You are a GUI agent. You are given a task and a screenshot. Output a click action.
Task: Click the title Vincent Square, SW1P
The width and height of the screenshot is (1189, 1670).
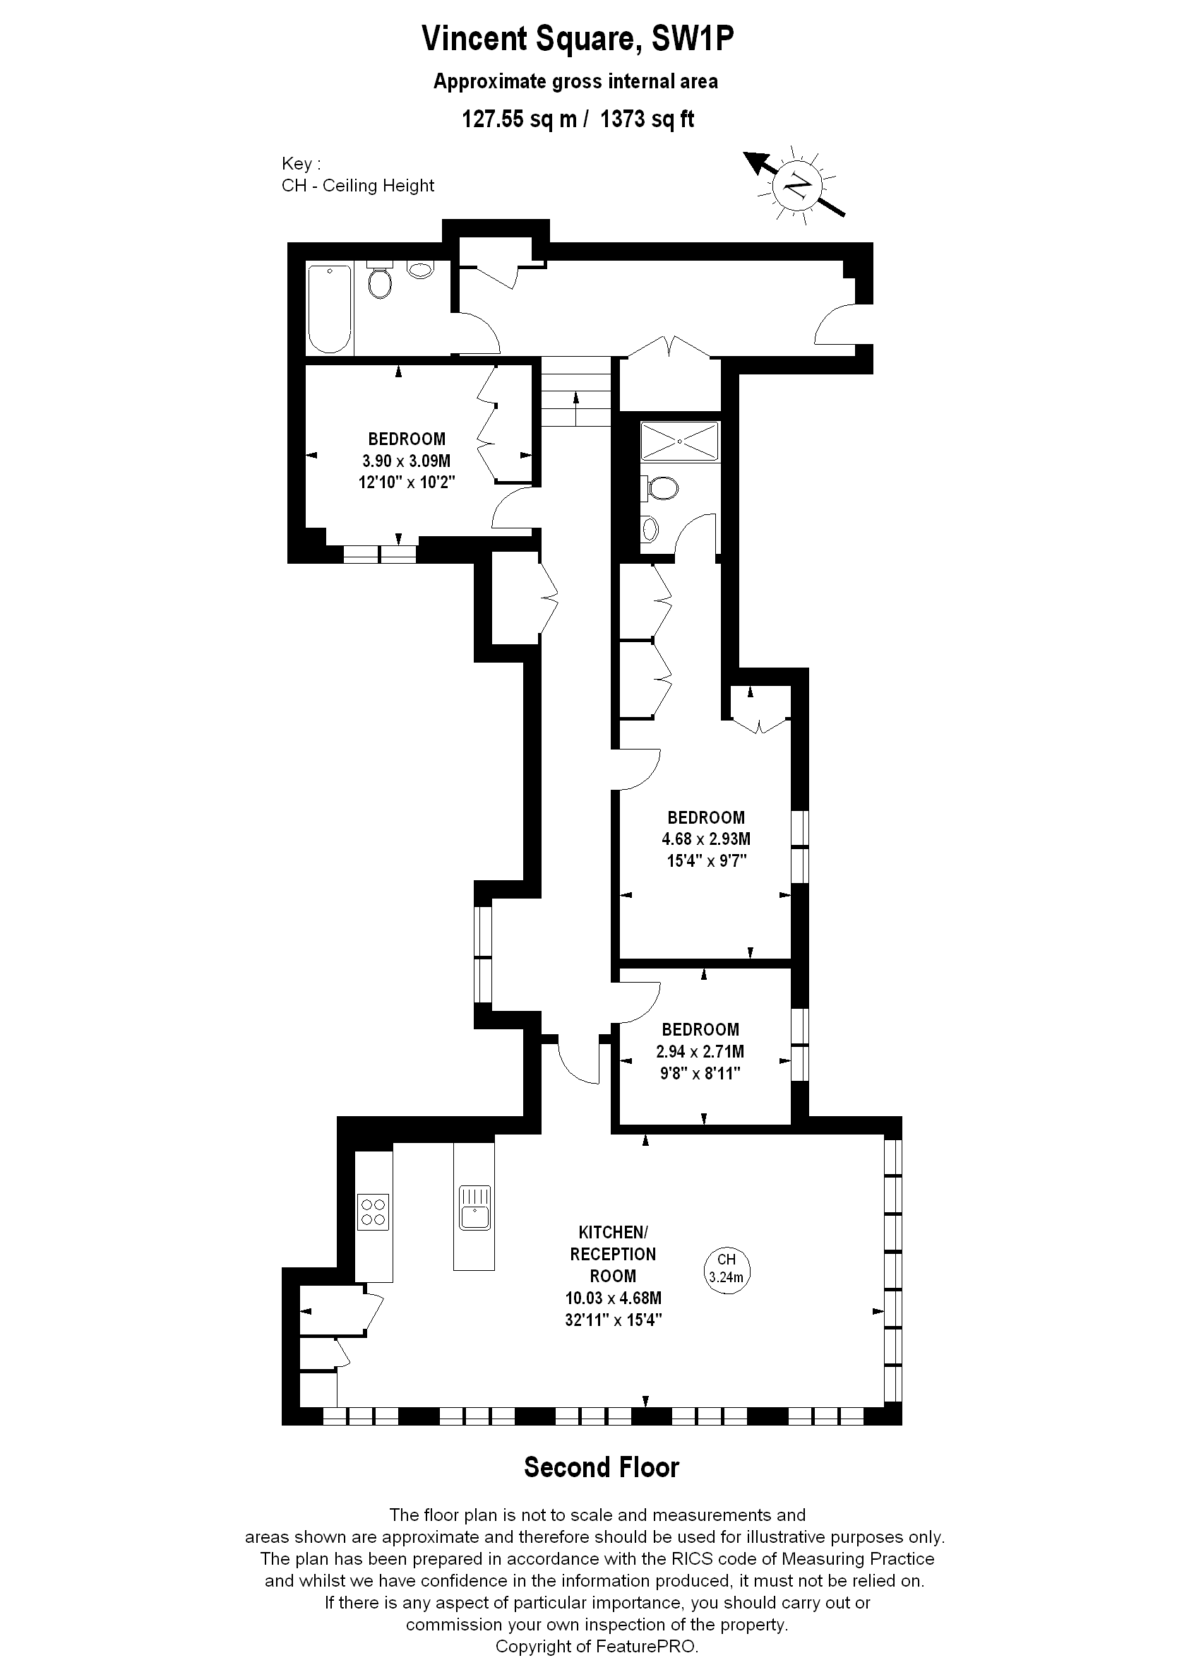(x=578, y=40)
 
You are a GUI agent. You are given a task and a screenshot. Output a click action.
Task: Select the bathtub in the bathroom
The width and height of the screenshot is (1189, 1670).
(x=330, y=309)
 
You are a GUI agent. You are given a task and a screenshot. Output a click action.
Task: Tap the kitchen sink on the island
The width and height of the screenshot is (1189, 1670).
(x=474, y=1208)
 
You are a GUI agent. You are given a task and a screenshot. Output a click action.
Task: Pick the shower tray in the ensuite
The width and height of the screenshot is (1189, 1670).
(x=679, y=441)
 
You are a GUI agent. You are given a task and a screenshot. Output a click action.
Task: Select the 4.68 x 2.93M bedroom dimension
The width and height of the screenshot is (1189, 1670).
(x=706, y=839)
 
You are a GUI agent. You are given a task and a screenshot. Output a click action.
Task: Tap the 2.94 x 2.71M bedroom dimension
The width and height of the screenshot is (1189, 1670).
(x=700, y=1051)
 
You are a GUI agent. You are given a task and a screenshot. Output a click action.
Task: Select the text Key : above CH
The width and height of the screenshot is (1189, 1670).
(x=301, y=163)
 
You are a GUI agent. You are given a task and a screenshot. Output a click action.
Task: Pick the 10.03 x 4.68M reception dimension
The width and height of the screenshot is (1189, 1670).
(x=613, y=1298)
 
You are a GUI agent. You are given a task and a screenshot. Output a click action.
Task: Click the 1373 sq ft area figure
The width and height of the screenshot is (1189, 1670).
(x=647, y=119)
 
